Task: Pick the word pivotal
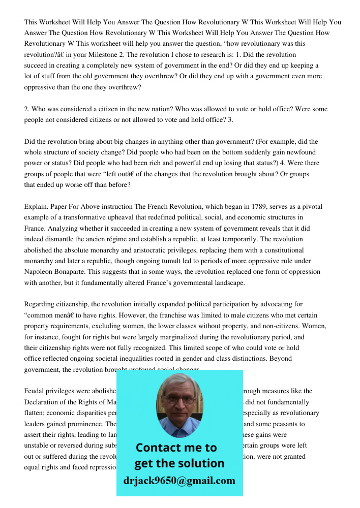pyautogui.click(x=310, y=207)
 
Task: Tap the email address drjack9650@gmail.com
pyautogui.click(x=179, y=481)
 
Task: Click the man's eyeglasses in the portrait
pyautogui.click(x=179, y=399)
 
